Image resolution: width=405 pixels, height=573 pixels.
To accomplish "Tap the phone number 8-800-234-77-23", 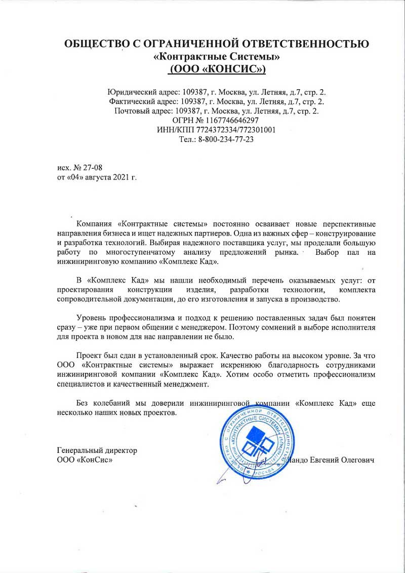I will pyautogui.click(x=223, y=139).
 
